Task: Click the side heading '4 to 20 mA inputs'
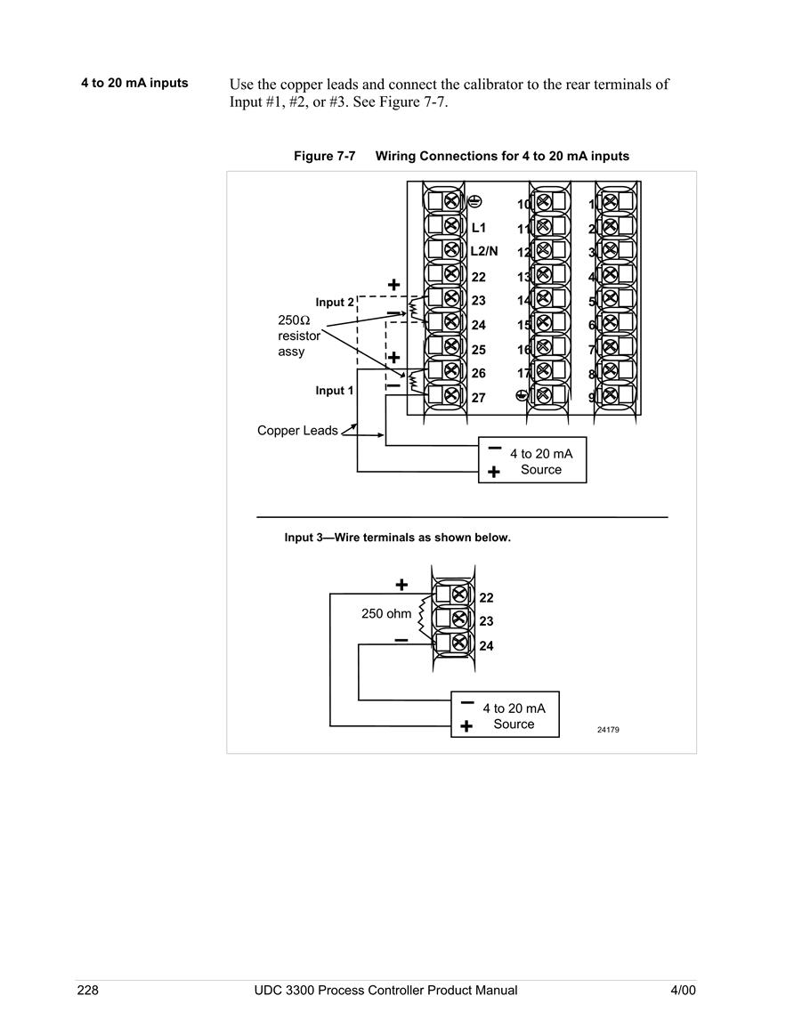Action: coord(134,84)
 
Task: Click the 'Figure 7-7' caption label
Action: coord(325,156)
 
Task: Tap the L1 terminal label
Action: coord(479,228)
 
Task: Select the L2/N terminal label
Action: coord(484,251)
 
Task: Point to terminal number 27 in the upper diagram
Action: coord(479,398)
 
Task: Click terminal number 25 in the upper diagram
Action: coord(479,350)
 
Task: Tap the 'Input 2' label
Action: coord(335,303)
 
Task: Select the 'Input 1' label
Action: coord(335,391)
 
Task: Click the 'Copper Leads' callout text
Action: coord(297,431)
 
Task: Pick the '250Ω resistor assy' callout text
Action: coord(299,336)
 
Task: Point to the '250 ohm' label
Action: coord(386,613)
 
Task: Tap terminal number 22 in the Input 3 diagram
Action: coord(487,598)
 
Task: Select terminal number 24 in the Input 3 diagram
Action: coord(487,646)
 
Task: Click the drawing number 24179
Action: coord(608,730)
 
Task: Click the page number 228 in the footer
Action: coord(88,990)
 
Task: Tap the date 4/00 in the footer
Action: coord(684,990)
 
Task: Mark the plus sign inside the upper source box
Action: coord(494,472)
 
